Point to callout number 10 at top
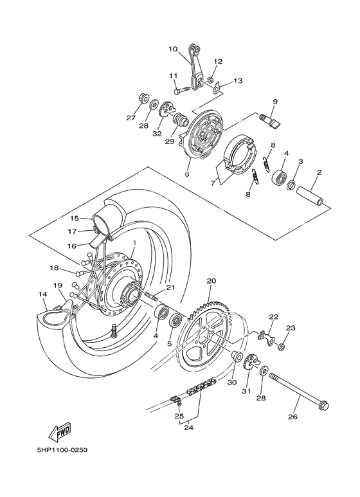click(x=172, y=49)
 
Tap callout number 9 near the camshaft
click(x=274, y=102)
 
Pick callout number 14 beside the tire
click(x=43, y=294)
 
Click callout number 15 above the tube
click(x=74, y=218)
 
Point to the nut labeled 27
click(x=143, y=100)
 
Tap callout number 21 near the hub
click(x=170, y=287)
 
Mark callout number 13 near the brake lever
click(x=221, y=81)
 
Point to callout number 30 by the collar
click(x=231, y=381)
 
